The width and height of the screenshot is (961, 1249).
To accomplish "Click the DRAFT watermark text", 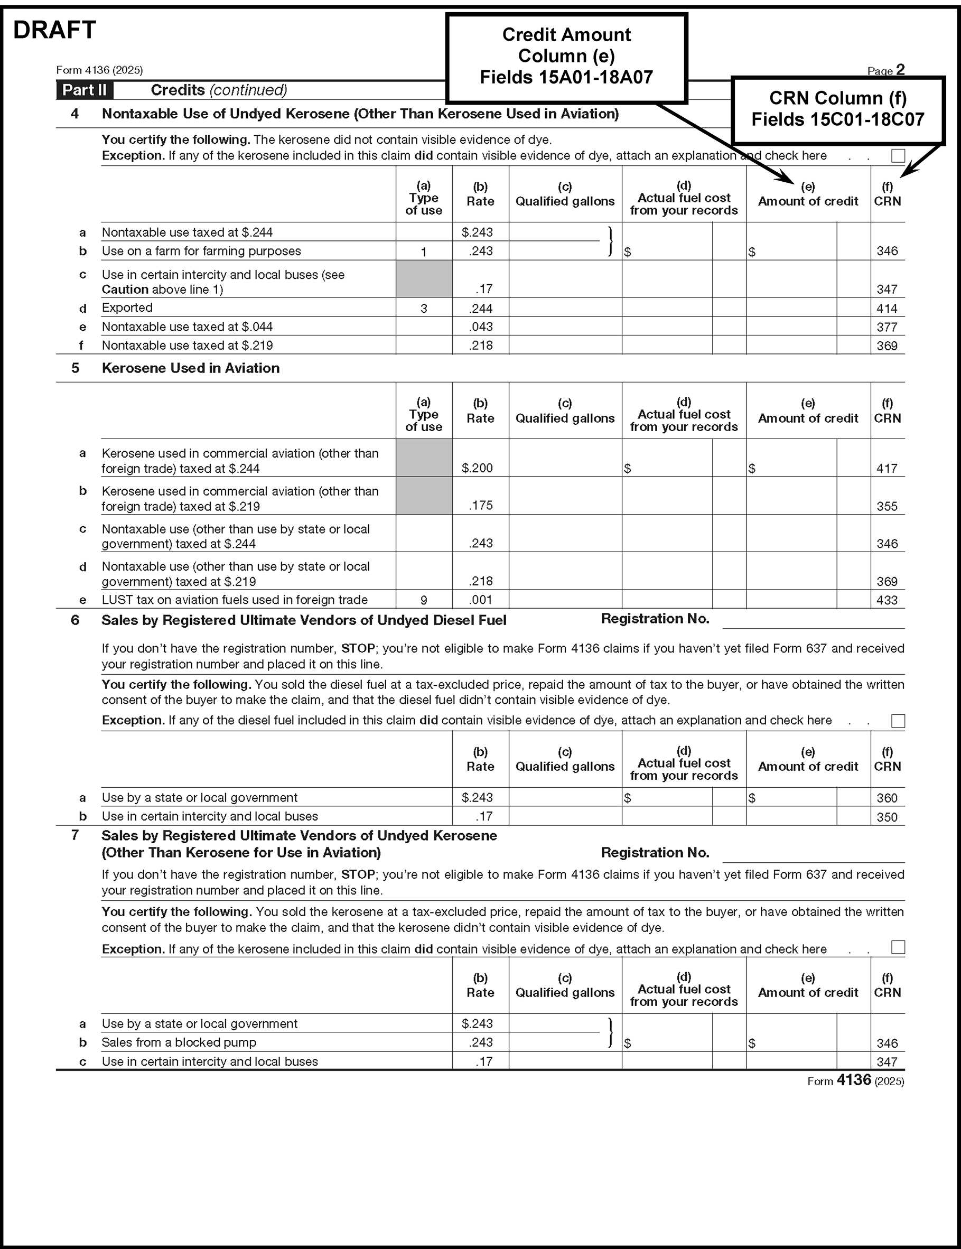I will [x=54, y=30].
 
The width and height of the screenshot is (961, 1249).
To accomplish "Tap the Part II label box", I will [x=84, y=90].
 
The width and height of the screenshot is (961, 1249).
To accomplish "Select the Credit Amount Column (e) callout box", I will [x=566, y=57].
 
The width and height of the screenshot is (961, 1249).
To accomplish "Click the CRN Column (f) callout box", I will [x=837, y=109].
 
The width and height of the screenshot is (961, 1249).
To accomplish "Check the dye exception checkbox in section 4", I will [x=898, y=155].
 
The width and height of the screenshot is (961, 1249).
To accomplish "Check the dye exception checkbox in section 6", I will [x=898, y=721].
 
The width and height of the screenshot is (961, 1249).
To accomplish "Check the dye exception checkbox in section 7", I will [x=898, y=948].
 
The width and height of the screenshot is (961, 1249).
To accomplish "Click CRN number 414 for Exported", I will [x=887, y=309].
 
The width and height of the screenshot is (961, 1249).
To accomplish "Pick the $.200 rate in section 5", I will [x=477, y=468].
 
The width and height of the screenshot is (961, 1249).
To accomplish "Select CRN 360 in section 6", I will [x=887, y=798].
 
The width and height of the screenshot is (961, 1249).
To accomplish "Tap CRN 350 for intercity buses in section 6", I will [x=887, y=817].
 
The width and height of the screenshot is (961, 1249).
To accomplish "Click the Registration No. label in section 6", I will [x=655, y=619].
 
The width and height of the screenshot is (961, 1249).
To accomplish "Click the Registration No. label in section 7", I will [x=655, y=853].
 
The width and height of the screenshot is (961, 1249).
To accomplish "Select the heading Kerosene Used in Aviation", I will [x=191, y=368].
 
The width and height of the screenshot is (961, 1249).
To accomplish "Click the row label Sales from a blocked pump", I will [x=179, y=1042].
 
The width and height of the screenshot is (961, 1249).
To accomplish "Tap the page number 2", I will [x=900, y=70].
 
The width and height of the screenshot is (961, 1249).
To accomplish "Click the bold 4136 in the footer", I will [x=853, y=1080].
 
